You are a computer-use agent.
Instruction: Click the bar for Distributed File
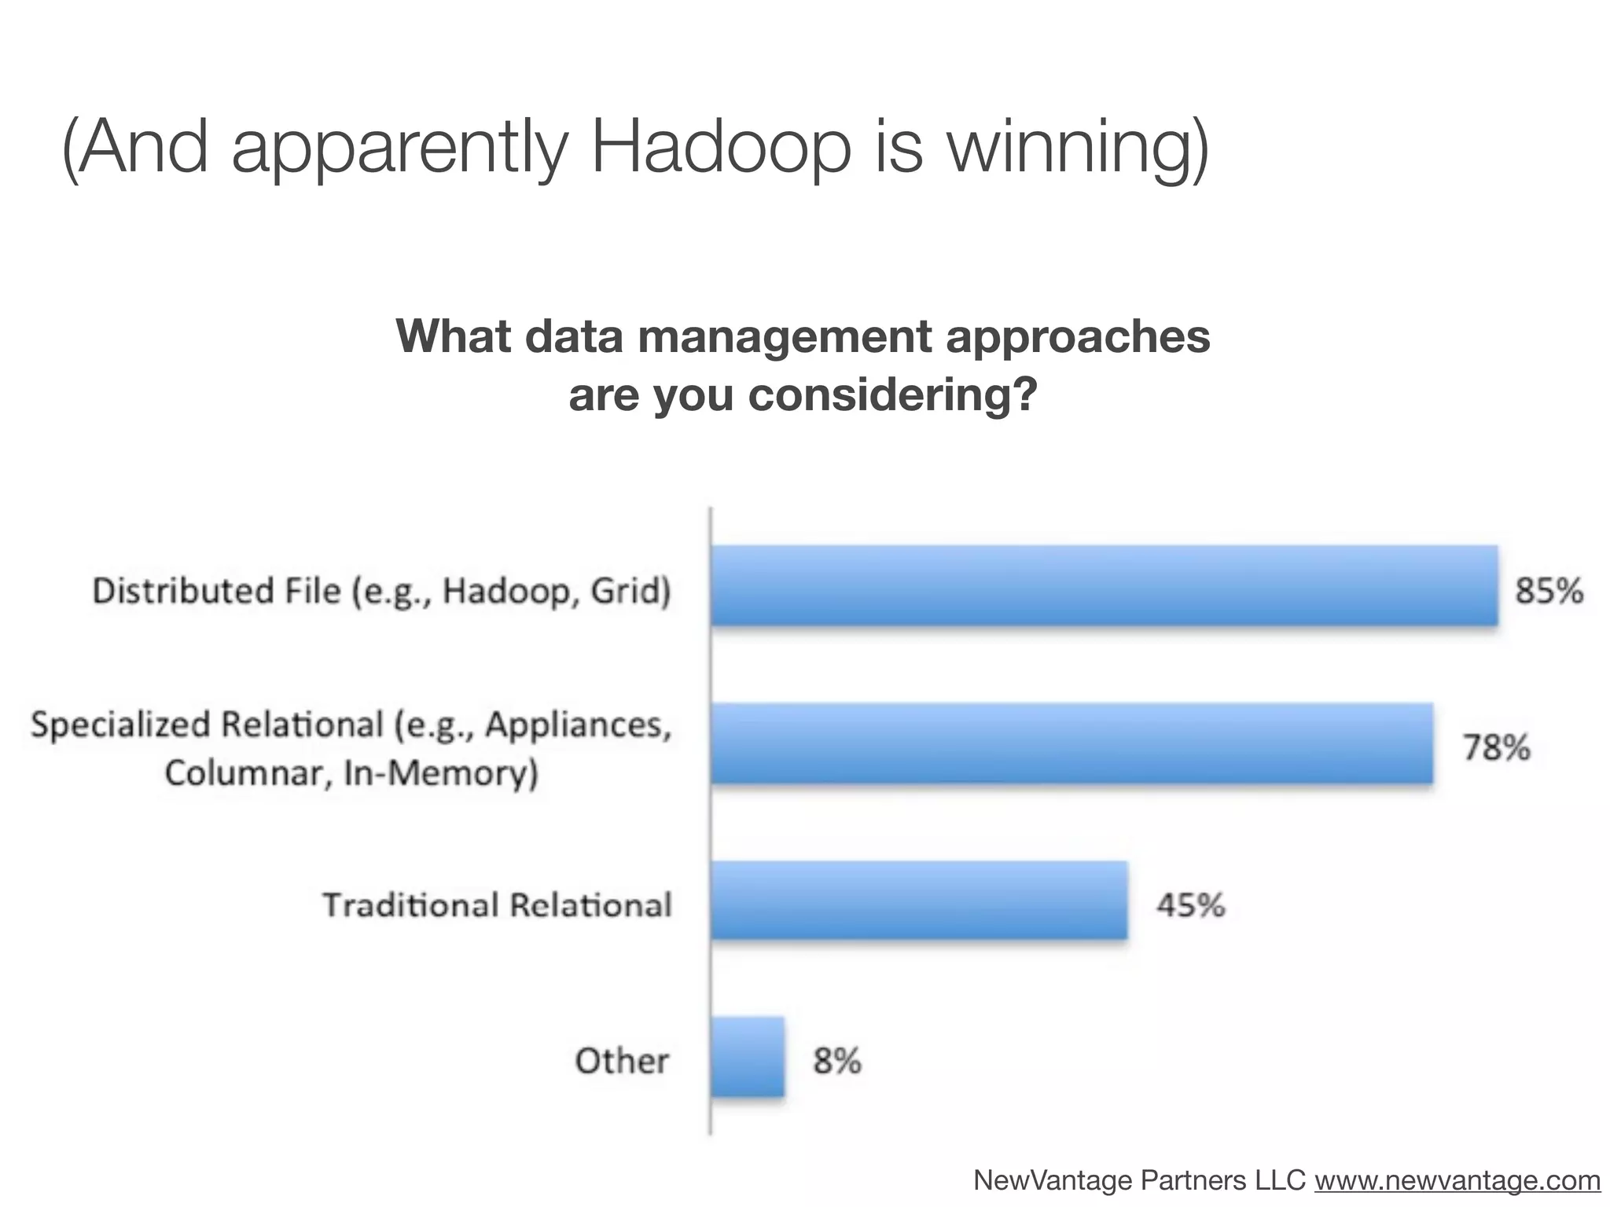(x=1104, y=586)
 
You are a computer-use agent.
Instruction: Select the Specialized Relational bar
(x=1071, y=743)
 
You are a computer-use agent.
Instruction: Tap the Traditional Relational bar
(x=919, y=901)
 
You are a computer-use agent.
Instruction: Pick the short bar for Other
(x=748, y=1057)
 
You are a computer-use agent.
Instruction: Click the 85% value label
(x=1549, y=590)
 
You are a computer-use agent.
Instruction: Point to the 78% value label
(x=1496, y=747)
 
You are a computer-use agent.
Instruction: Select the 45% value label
(x=1190, y=905)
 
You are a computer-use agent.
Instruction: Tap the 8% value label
(x=836, y=1062)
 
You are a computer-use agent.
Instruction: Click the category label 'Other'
(x=622, y=1061)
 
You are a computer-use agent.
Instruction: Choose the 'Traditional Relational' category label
(x=497, y=905)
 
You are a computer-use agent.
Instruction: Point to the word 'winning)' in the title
(x=1078, y=149)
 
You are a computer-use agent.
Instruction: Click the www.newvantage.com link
(x=1457, y=1179)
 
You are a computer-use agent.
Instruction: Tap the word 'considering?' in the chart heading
(x=892, y=394)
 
